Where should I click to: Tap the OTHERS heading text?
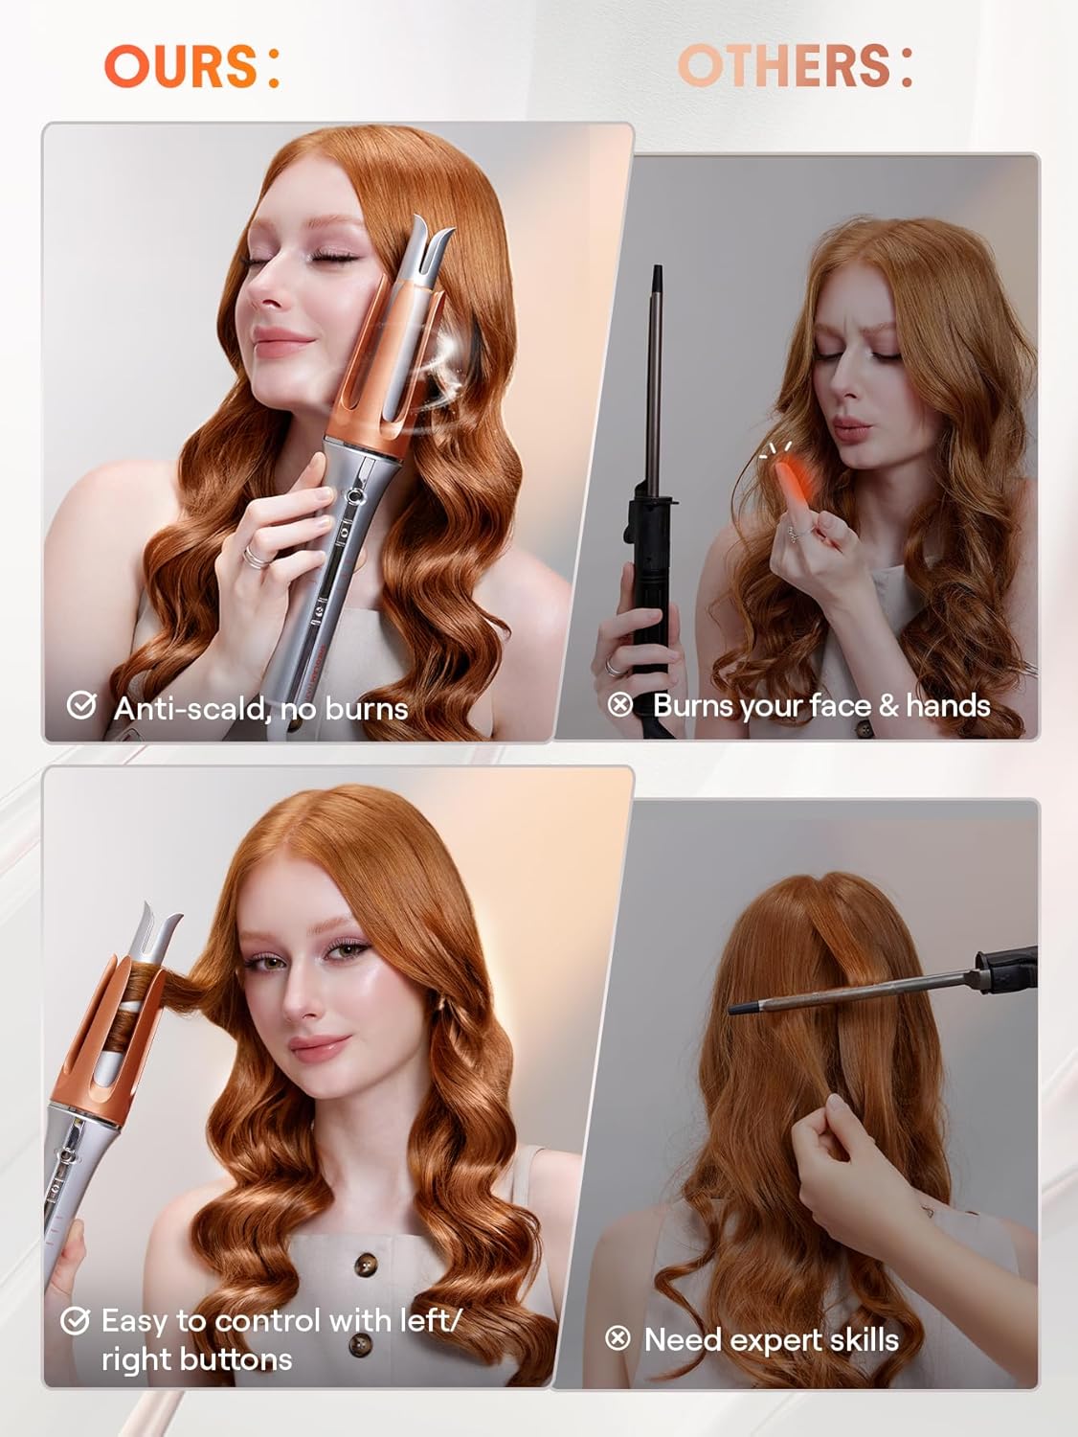pos(785,66)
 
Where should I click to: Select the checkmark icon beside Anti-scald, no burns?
pos(81,706)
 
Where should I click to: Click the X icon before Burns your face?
pos(620,705)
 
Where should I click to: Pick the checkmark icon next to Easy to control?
pos(75,1321)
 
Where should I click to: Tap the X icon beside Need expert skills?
pos(618,1338)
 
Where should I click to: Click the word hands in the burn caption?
pos(948,705)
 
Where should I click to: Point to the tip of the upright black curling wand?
pos(658,278)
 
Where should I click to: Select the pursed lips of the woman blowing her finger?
pos(848,425)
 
